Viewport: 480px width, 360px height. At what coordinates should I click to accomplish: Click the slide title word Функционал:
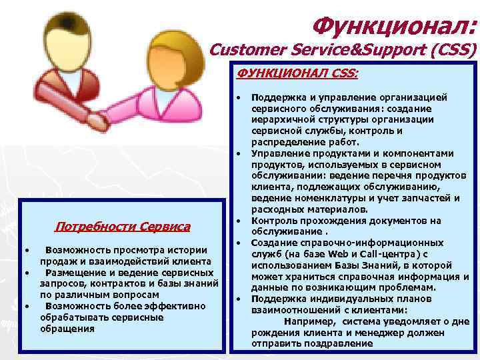[x=394, y=26]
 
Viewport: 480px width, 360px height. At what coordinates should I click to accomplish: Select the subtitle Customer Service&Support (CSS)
[x=343, y=50]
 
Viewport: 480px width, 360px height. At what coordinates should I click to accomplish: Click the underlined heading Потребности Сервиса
[x=123, y=227]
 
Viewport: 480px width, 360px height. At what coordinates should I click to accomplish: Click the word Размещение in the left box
[x=72, y=273]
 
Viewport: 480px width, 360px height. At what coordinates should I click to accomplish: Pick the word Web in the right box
[x=335, y=254]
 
